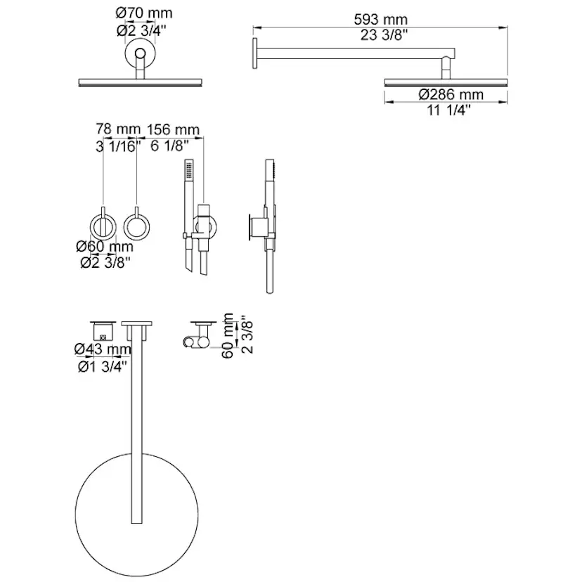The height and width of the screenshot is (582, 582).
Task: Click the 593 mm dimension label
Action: (380, 19)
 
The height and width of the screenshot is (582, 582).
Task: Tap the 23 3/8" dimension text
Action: (384, 35)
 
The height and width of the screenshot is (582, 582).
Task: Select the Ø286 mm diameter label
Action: (451, 94)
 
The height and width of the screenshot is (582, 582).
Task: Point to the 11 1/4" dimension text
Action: (448, 110)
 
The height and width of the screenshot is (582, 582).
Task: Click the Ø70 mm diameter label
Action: (144, 13)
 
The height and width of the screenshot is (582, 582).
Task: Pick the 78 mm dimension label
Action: (118, 129)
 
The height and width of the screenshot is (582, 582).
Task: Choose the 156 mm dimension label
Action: (173, 130)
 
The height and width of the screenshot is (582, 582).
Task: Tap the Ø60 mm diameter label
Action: (104, 247)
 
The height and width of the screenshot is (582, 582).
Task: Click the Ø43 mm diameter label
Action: (103, 349)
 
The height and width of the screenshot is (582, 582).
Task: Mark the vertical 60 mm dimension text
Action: (228, 336)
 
